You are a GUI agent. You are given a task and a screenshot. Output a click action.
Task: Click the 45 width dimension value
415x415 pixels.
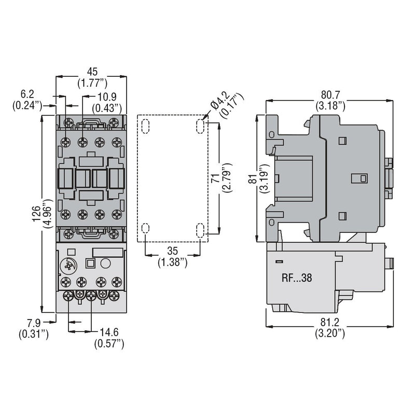[x=92, y=71]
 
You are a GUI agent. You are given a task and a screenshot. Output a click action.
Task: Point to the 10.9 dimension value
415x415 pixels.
[x=106, y=97]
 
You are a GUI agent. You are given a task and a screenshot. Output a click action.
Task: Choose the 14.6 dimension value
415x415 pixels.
[x=109, y=332]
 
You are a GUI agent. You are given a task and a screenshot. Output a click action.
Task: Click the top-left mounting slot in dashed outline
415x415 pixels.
[x=145, y=126]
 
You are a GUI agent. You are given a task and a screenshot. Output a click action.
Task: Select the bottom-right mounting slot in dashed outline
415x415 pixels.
[x=201, y=231]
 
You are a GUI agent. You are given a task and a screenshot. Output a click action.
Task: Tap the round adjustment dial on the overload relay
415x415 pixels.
[x=68, y=266]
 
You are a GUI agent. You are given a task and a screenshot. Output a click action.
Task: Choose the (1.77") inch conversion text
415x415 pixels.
[x=92, y=81]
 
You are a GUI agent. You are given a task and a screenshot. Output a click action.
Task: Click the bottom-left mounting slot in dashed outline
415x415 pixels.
[x=145, y=231]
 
